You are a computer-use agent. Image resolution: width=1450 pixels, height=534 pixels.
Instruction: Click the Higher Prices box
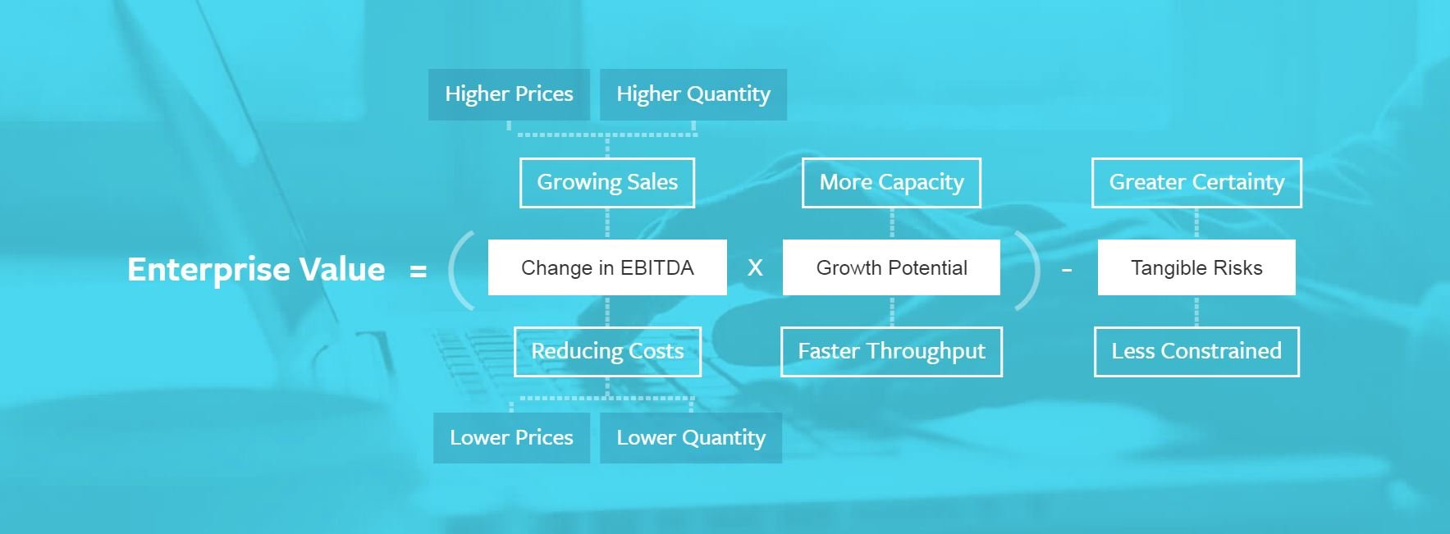(x=509, y=94)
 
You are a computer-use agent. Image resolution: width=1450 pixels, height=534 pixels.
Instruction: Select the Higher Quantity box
(x=693, y=94)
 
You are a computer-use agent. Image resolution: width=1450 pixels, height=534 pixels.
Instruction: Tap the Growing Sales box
(x=607, y=182)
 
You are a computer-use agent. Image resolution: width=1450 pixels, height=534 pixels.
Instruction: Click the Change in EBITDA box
(x=607, y=267)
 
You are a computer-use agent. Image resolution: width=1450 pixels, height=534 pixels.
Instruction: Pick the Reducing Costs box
(x=607, y=351)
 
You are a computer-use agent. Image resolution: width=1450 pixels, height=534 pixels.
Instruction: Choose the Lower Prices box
(x=511, y=437)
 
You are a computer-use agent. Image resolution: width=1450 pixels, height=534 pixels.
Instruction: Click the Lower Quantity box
(x=691, y=437)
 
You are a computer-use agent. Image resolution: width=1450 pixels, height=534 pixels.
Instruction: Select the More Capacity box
(x=891, y=182)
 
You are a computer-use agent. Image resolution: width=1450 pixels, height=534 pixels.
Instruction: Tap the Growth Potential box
(x=891, y=267)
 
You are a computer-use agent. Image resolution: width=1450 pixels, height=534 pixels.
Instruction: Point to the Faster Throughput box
(x=891, y=351)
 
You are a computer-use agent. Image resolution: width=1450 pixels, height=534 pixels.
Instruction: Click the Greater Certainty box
(x=1196, y=182)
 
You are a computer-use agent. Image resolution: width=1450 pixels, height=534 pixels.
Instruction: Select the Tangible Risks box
(x=1196, y=267)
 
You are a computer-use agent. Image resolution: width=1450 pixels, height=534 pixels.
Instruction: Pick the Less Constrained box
(x=1196, y=351)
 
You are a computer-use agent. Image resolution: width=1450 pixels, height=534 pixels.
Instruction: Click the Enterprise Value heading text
(x=256, y=269)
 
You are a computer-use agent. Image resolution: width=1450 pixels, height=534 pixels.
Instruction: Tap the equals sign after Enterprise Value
(x=419, y=271)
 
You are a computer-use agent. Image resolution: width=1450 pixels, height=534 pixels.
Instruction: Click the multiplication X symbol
(x=755, y=267)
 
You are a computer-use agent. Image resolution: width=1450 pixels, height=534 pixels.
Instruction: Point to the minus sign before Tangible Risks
(x=1067, y=270)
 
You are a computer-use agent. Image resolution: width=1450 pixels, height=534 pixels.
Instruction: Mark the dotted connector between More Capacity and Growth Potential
(x=892, y=223)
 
